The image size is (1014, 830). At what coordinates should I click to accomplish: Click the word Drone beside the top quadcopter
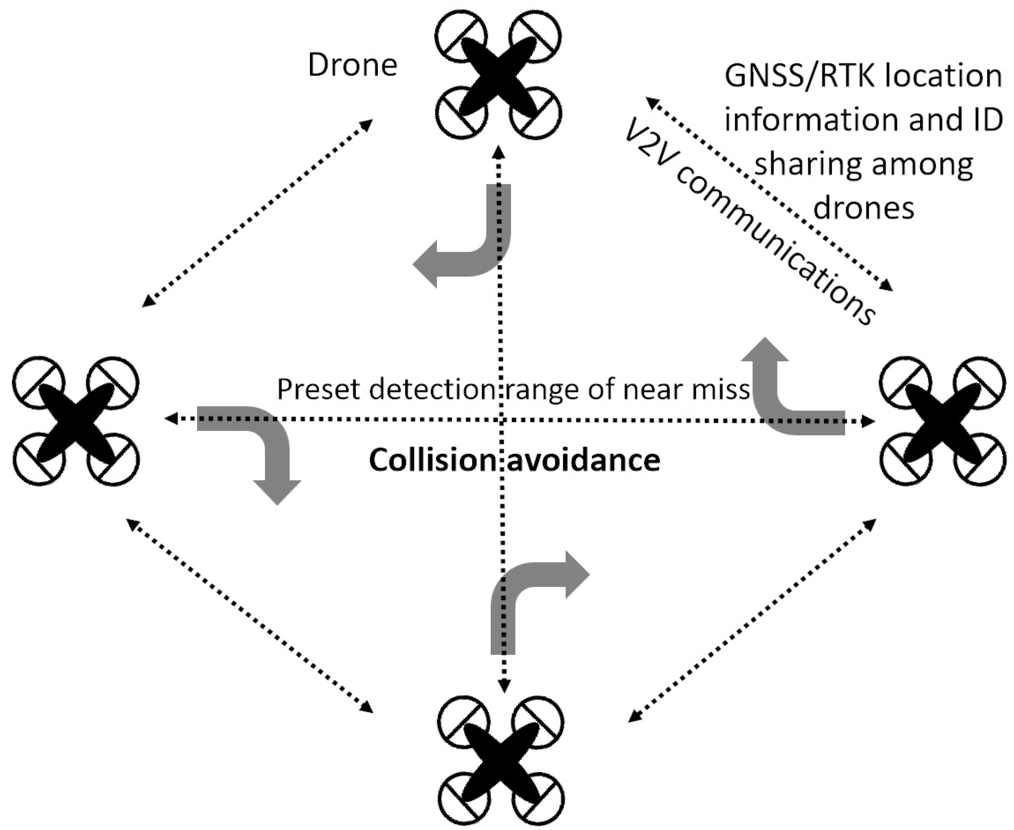pyautogui.click(x=353, y=65)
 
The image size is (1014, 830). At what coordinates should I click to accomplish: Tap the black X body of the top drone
pyautogui.click(x=498, y=76)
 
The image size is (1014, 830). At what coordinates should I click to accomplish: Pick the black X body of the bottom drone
pyautogui.click(x=501, y=762)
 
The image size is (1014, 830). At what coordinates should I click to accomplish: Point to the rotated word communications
pyautogui.click(x=775, y=248)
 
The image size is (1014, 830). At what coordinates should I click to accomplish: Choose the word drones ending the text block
pyautogui.click(x=864, y=209)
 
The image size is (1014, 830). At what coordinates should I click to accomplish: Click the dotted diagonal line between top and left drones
pyautogui.click(x=258, y=213)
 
